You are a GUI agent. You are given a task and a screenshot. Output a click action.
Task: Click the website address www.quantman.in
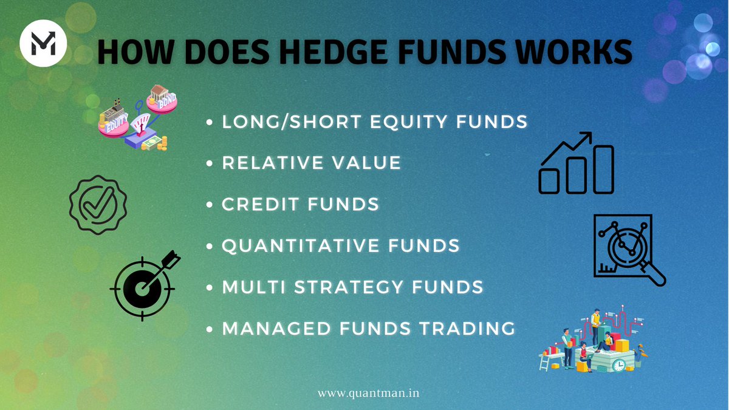[368, 393]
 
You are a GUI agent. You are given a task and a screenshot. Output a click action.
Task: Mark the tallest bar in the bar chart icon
[603, 169]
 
